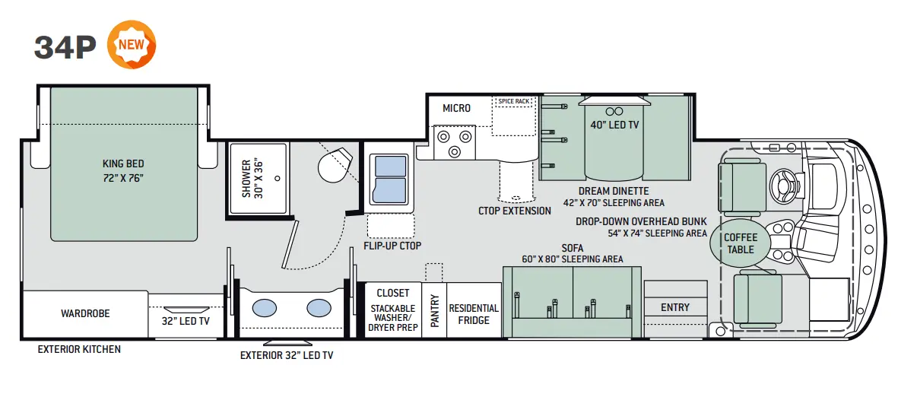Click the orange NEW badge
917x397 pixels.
pos(132,44)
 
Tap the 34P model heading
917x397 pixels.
pos(65,47)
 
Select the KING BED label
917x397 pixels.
pos(123,164)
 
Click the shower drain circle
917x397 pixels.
pos(277,179)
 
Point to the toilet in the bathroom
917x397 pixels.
pos(335,165)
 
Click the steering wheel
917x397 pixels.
pos(785,186)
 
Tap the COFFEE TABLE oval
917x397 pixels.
pos(740,243)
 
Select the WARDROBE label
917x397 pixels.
pos(85,313)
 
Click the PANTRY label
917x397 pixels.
pos(434,310)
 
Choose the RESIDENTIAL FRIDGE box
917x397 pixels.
pos(474,310)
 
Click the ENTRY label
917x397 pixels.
pos(675,307)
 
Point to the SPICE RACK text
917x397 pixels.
pos(514,101)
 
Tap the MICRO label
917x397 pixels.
pos(456,108)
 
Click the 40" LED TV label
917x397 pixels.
pos(614,125)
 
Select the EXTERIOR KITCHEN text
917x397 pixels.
pos(79,349)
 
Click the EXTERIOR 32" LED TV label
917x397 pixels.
pos(287,355)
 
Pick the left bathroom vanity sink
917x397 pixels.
pos(265,308)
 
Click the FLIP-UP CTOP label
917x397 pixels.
pos(392,246)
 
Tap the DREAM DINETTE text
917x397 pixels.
pos(614,191)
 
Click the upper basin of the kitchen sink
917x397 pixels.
pos(391,166)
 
